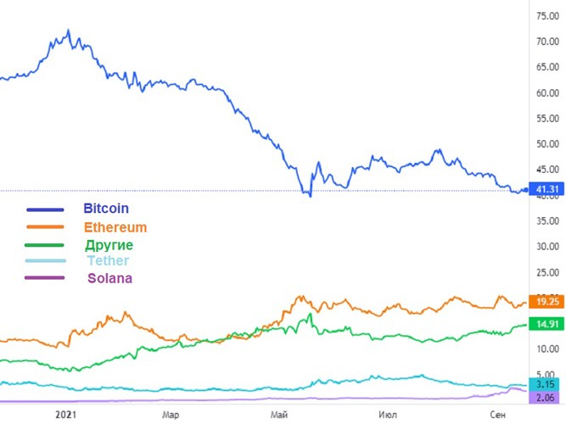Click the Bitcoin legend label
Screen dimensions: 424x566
[106, 208]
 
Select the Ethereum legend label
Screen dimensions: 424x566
[115, 227]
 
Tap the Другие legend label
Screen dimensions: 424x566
[109, 245]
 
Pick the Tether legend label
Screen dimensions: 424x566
[108, 261]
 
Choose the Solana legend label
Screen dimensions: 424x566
[109, 278]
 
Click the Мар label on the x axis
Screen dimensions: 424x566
[172, 414]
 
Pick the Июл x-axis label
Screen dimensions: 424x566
[387, 414]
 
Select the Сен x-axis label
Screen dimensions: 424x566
[497, 414]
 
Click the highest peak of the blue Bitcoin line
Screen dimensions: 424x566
[69, 31]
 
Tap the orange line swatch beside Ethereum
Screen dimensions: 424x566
[45, 226]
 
